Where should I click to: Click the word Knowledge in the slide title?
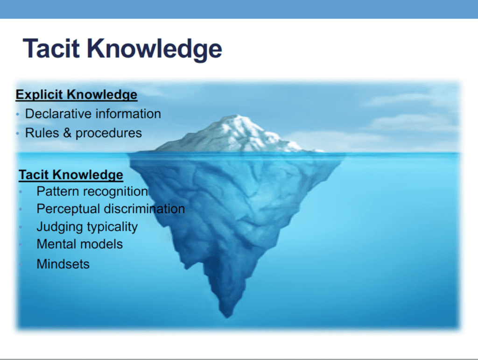tap(155, 49)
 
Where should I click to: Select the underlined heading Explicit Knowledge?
tap(77, 95)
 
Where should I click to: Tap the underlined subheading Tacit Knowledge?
tap(71, 175)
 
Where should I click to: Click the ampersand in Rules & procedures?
tap(67, 133)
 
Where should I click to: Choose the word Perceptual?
tap(68, 209)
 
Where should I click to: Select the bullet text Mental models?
tap(79, 244)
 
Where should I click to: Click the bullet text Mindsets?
tap(63, 264)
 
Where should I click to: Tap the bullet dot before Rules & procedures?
tap(18, 134)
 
